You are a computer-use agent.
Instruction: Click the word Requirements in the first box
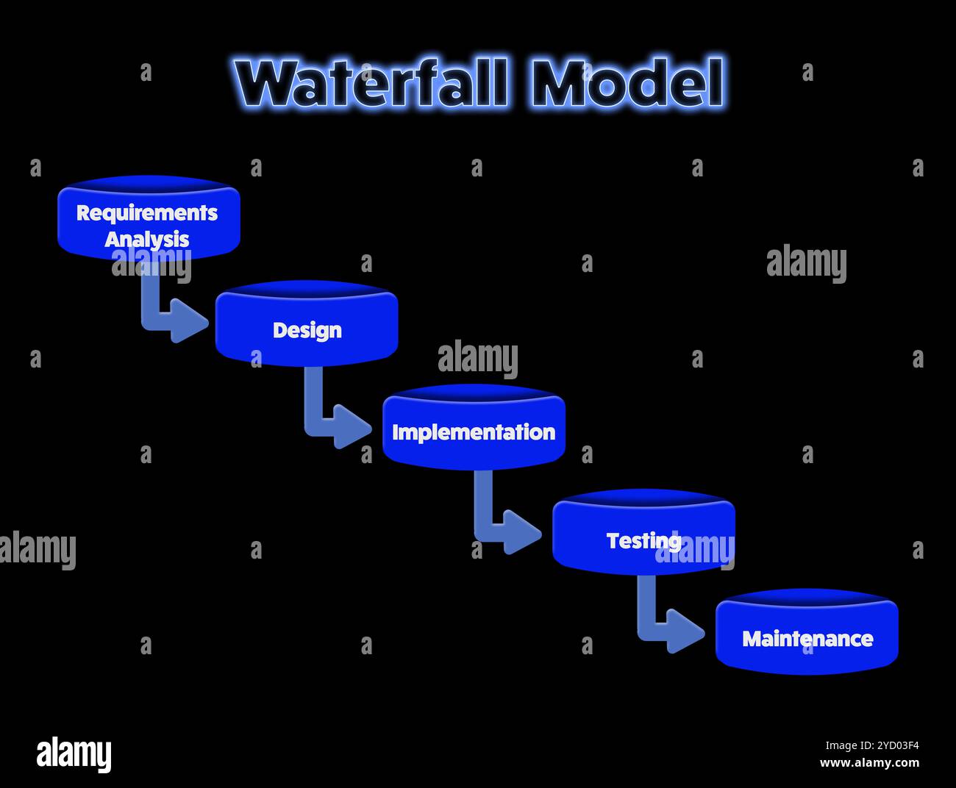pos(147,212)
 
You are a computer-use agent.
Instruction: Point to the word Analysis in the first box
pos(147,239)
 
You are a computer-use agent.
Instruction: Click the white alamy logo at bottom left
pos(74,754)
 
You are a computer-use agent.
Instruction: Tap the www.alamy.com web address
pos(869,763)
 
